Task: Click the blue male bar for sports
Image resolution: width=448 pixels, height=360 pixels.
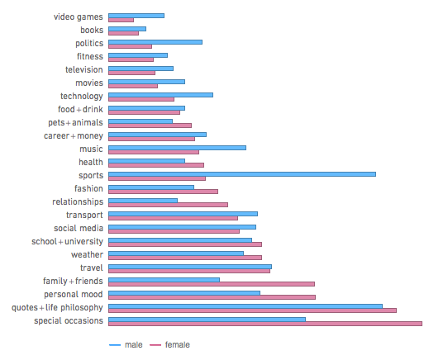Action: coord(242,173)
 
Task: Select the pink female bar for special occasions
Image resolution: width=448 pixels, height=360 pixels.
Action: coord(265,324)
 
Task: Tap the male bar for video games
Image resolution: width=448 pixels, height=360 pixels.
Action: coord(136,15)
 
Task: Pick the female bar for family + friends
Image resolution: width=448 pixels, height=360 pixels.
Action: coord(212,284)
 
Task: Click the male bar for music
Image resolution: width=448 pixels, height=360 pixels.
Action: coord(178,147)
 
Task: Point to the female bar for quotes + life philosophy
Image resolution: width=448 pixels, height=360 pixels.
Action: coord(252,310)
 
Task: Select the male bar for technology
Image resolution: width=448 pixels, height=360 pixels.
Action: coord(161,94)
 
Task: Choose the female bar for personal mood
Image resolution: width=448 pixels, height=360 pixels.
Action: coord(212,297)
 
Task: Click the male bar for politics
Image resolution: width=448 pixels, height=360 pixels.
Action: coord(155,41)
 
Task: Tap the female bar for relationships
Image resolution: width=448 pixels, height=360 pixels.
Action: coord(168,205)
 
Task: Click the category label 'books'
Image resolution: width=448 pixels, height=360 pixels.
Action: coord(92,30)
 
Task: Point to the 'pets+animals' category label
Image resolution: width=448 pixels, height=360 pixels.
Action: coord(76,122)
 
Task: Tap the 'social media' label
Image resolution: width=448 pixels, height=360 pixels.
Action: coord(79,228)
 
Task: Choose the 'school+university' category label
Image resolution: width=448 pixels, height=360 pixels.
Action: coord(68,241)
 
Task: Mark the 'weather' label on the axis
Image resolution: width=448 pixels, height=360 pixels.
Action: coord(87,254)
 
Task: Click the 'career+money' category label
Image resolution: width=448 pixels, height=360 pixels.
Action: coord(74,135)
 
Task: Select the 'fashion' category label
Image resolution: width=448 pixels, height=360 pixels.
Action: coord(88,188)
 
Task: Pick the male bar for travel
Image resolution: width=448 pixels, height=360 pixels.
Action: coord(190,266)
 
